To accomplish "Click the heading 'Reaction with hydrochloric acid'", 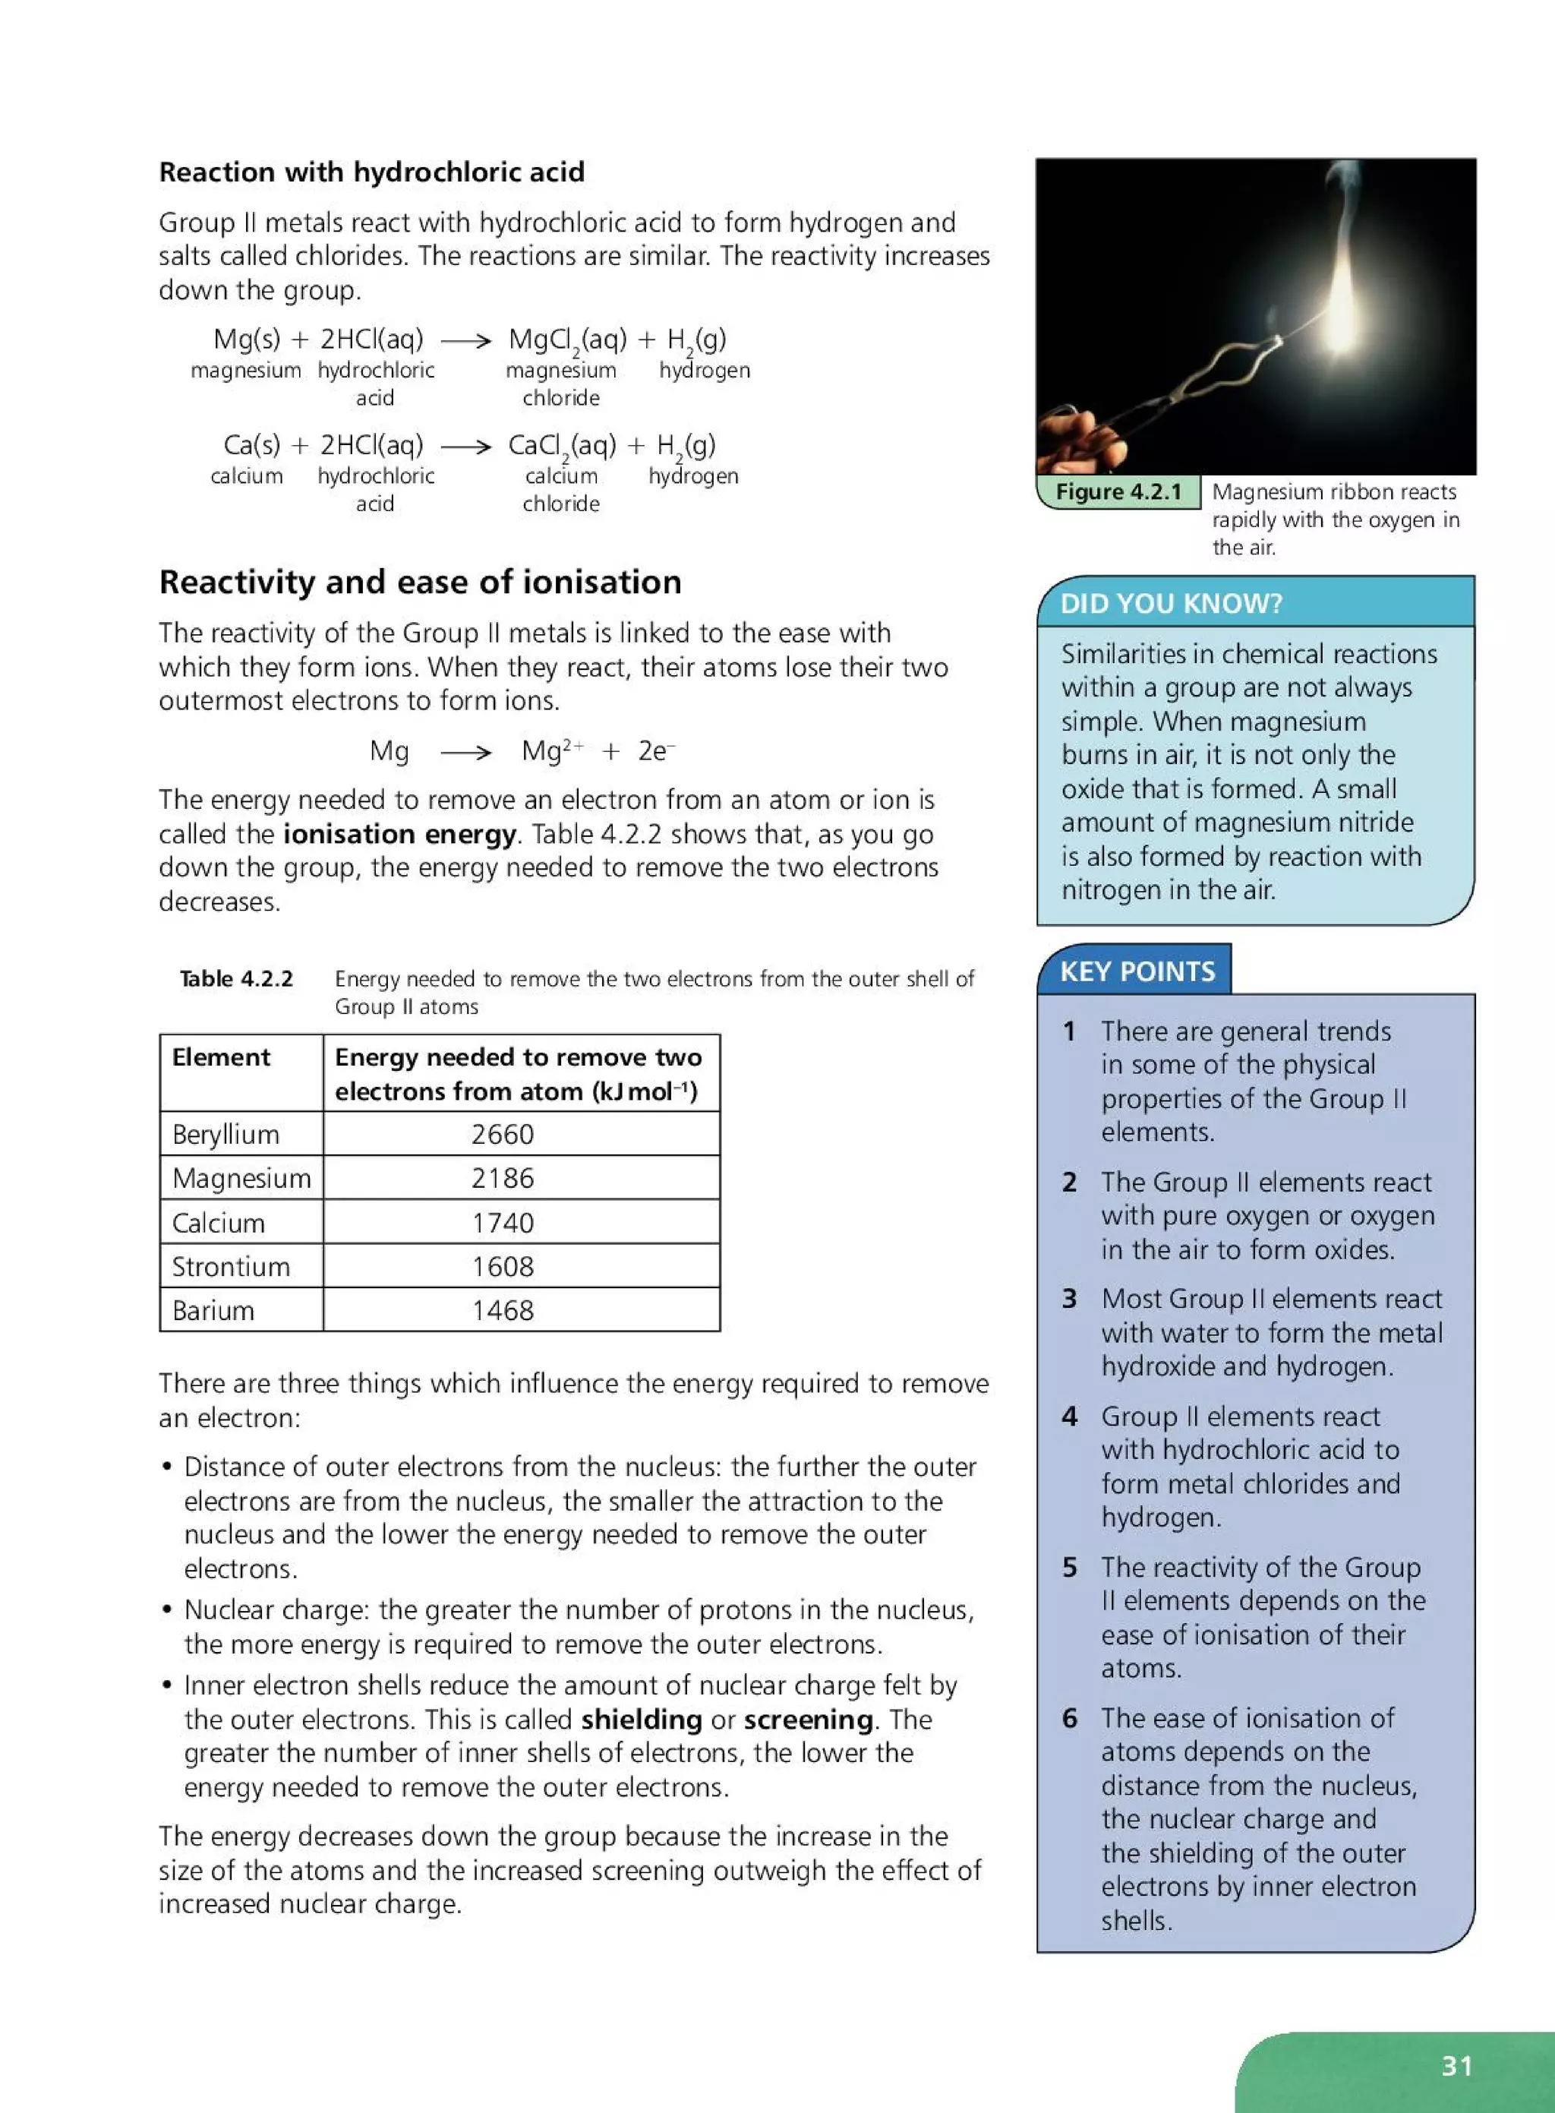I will [x=372, y=172].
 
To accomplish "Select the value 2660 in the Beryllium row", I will [x=502, y=1134].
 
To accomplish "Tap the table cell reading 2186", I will [x=502, y=1178].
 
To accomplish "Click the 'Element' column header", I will [x=220, y=1057].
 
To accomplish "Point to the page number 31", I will [x=1456, y=2066].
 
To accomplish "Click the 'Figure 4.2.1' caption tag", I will [x=1118, y=491].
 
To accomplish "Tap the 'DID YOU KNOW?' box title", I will [x=1171, y=604].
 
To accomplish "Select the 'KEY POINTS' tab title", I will [x=1137, y=971].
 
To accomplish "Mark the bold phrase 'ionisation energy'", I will [x=399, y=834].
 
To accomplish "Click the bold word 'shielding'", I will [x=641, y=1720].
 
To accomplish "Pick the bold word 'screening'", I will [x=808, y=1720].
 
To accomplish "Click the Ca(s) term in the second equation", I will [x=251, y=444].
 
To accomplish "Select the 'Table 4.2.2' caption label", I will [x=236, y=979].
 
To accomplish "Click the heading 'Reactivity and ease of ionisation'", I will [x=420, y=582].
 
